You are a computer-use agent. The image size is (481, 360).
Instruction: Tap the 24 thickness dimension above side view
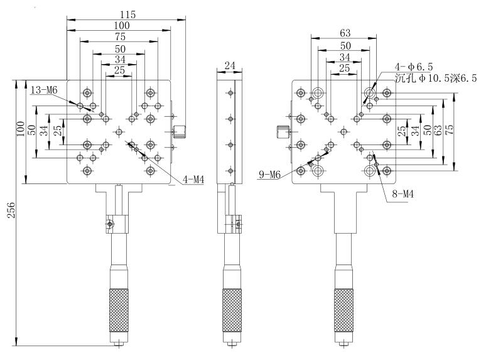click(x=229, y=65)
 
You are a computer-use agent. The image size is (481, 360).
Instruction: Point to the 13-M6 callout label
click(x=43, y=90)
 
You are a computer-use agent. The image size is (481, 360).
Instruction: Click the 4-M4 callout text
click(x=194, y=180)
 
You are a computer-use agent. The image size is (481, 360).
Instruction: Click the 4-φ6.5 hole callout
click(x=414, y=66)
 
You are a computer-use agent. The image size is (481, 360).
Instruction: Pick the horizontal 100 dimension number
click(x=119, y=25)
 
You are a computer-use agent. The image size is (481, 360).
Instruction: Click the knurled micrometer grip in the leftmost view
click(x=119, y=310)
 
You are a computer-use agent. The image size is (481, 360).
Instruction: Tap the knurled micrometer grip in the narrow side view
click(x=232, y=310)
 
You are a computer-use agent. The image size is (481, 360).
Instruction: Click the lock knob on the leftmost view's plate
click(x=180, y=131)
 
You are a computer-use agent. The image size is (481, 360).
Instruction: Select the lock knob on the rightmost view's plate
click(x=282, y=133)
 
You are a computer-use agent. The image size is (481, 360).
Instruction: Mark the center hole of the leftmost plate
click(x=119, y=131)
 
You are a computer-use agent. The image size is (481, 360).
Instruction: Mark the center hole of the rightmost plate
click(x=343, y=131)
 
